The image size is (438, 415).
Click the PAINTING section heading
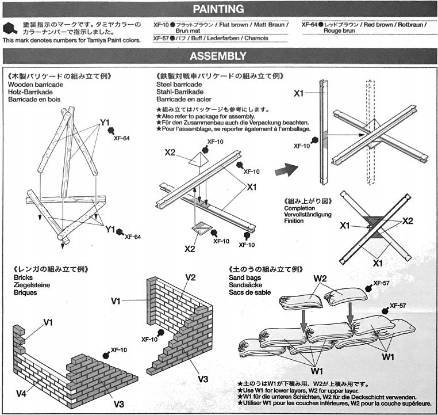218,9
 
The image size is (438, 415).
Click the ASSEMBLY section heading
218,56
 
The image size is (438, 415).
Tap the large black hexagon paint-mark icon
10,28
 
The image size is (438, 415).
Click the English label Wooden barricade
36,84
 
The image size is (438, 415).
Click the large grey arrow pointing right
287,170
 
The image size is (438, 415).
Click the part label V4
21,394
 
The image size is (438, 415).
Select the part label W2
321,279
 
